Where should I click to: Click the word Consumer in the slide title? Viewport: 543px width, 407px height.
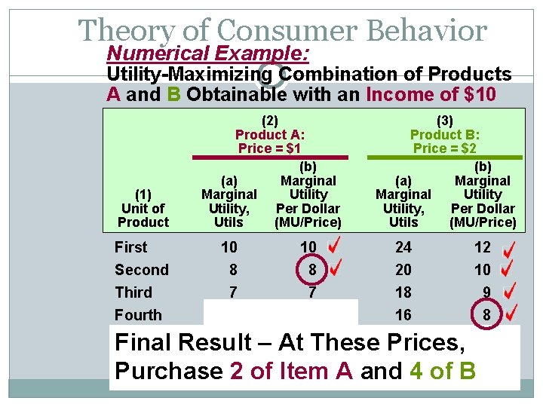287,31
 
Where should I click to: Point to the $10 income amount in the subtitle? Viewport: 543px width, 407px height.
480,94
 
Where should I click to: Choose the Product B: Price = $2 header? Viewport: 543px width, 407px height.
445,134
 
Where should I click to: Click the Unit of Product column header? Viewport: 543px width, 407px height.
143,209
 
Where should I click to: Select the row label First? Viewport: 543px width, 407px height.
131,247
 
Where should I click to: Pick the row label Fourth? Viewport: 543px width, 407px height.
138,315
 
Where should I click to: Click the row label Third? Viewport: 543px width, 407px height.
133,292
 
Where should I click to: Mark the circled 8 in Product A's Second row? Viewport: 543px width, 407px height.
308,270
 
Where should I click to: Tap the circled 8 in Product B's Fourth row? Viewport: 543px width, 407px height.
486,315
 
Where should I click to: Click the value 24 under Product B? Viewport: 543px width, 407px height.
404,247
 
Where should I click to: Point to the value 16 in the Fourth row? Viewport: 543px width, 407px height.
404,315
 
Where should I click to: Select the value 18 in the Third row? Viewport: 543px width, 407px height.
404,292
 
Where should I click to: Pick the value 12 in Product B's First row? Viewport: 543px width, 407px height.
483,247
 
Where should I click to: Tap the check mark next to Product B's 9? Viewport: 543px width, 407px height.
511,291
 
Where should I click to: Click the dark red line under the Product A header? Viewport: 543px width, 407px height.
269,158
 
